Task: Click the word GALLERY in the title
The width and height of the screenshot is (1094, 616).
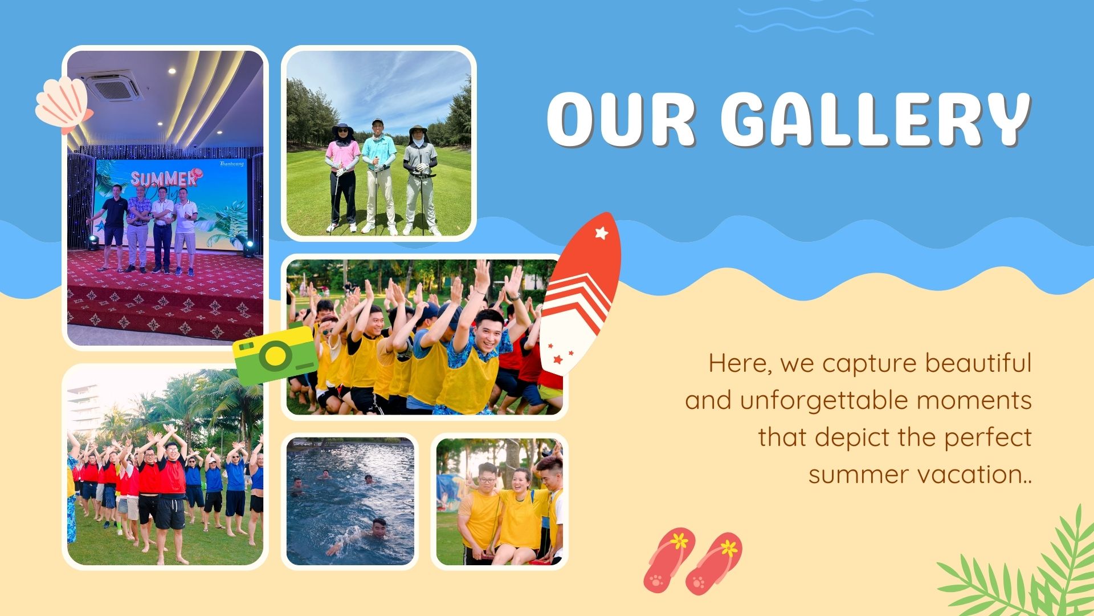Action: [x=876, y=119]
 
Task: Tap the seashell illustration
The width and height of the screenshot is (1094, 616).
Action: [x=63, y=106]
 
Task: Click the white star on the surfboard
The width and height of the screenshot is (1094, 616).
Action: [x=601, y=233]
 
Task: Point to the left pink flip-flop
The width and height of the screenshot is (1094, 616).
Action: [x=669, y=560]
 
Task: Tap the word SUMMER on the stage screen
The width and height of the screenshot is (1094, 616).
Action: [x=164, y=179]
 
